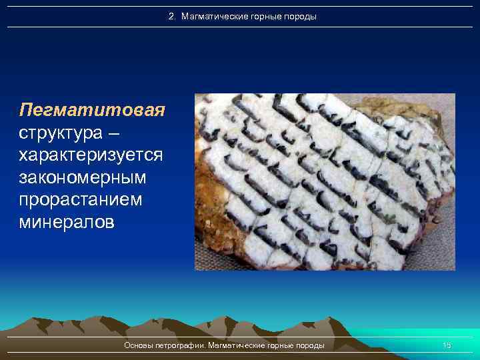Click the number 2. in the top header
pos(172,16)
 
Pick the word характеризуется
pos(91,155)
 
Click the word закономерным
pos(83,177)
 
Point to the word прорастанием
pos(81,200)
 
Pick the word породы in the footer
pos(311,345)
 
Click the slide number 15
pos(447,345)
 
